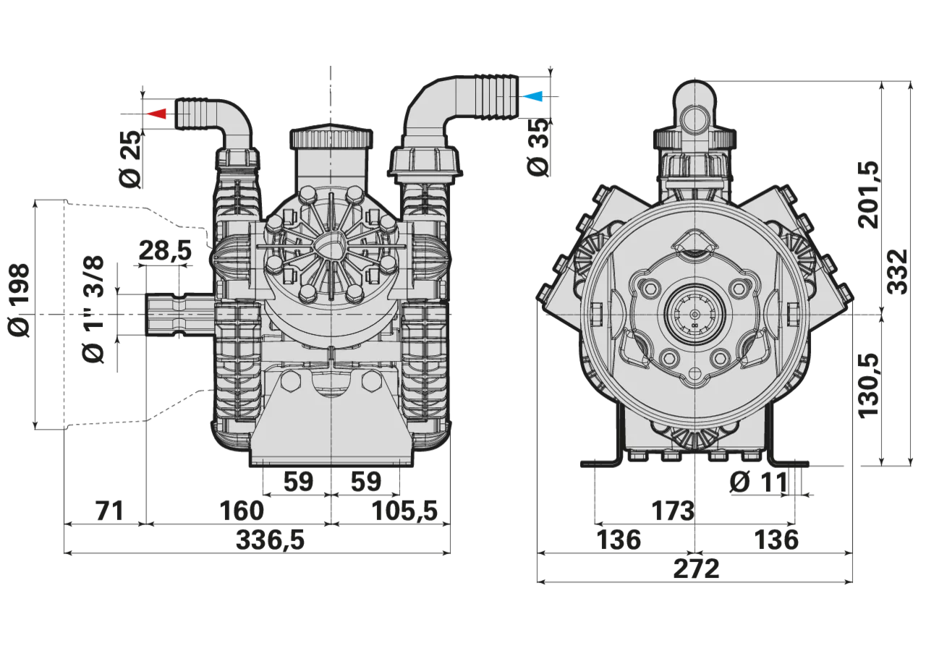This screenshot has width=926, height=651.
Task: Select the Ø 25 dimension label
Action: point(130,159)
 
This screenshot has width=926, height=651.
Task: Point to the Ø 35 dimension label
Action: point(538,147)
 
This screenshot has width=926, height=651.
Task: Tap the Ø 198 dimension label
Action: point(19,300)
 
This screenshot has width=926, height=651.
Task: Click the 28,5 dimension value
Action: point(166,250)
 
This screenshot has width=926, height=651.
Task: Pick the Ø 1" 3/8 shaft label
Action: point(93,310)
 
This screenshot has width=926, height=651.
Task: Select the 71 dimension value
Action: point(109,511)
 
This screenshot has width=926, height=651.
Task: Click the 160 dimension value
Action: point(242,511)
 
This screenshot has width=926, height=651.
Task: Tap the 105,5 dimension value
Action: point(404,511)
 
